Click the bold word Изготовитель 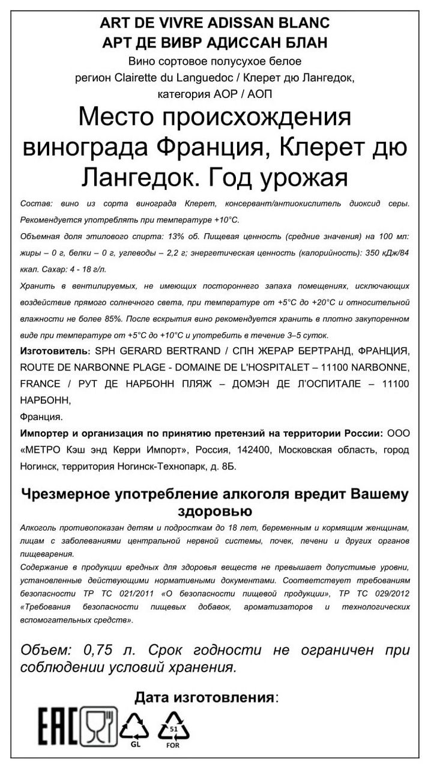(55, 351)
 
